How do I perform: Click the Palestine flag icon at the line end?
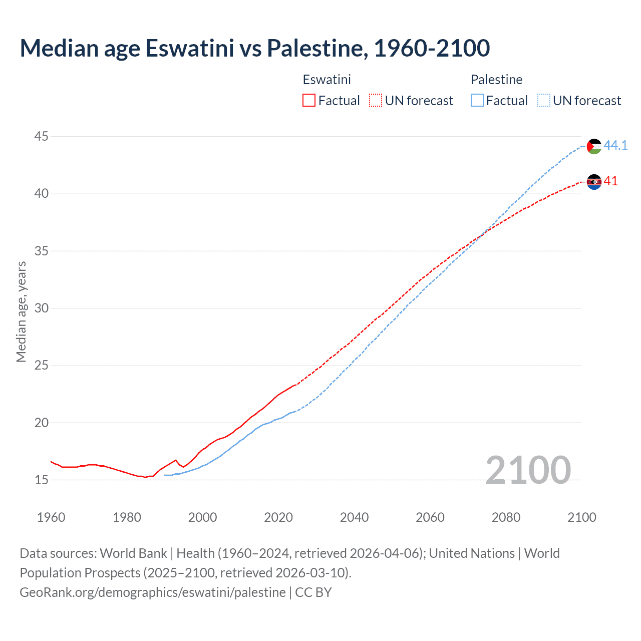coord(594,146)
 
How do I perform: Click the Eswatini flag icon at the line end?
coord(594,182)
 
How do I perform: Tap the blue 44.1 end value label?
coord(615,145)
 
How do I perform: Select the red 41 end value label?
coord(610,181)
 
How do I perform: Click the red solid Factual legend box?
coord(309,101)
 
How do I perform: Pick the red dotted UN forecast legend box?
coord(376,101)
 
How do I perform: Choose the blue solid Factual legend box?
coord(477,101)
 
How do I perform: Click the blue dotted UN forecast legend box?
coord(544,101)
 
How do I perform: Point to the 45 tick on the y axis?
coord(42,136)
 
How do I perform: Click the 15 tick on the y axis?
coord(42,480)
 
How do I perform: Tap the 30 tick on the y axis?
coord(42,308)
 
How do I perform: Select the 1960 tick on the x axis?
coord(51,517)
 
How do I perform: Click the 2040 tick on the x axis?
coord(354,517)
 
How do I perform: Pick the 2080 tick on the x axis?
coord(506,517)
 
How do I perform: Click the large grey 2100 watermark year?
coord(528,470)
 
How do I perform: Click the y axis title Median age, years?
coord(21,311)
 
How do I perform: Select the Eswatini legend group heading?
coord(327,80)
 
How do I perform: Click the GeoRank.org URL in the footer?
coord(153,592)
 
